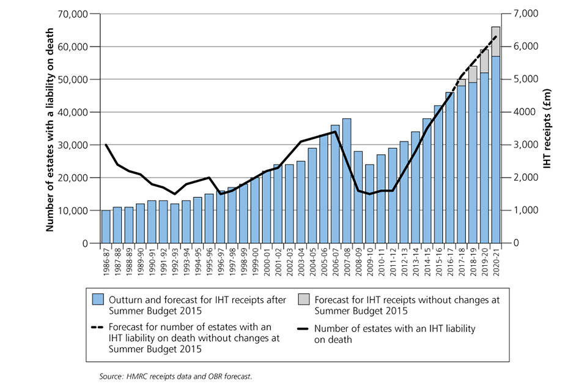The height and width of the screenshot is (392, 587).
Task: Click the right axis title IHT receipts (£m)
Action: pyautogui.click(x=548, y=129)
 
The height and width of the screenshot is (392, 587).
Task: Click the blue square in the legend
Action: pyautogui.click(x=97, y=300)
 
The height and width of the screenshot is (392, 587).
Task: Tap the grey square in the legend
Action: pyautogui.click(x=304, y=300)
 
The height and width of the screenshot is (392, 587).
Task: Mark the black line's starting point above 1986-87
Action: pyautogui.click(x=106, y=145)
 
